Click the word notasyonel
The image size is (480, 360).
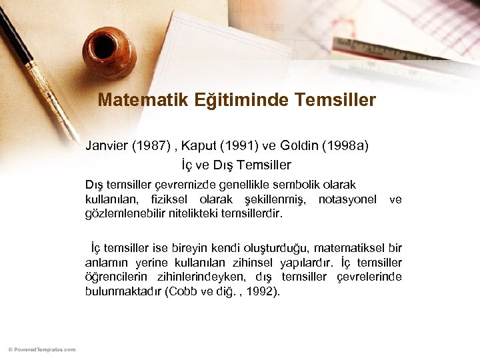(347, 199)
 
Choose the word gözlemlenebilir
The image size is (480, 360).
(125, 214)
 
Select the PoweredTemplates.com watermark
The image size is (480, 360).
(42, 349)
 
